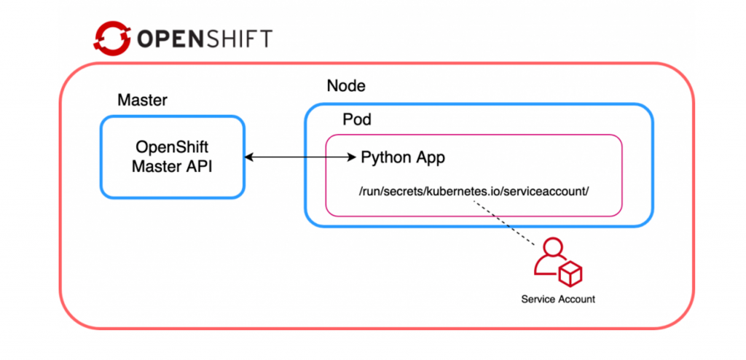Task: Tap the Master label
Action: click(x=142, y=100)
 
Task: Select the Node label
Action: click(x=346, y=87)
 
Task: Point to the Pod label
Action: click(x=356, y=120)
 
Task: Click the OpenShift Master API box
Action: click(x=172, y=157)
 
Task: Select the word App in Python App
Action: click(x=430, y=157)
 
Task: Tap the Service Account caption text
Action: click(x=558, y=299)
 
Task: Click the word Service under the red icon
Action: click(x=538, y=299)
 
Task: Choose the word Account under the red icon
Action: click(x=575, y=299)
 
